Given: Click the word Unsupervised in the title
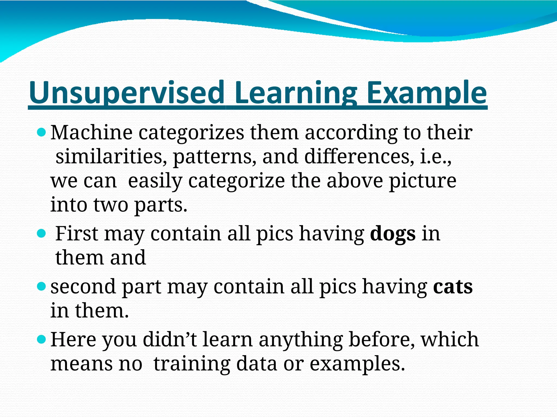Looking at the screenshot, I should coord(126,93).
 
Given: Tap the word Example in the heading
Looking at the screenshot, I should coord(426,93).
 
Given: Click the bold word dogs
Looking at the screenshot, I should coord(393,234).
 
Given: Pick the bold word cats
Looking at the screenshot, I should coord(453,287).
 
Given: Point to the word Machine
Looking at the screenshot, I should coord(91,133).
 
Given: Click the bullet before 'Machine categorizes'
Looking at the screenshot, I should coord(41,133).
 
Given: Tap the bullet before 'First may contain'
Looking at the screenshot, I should coord(41,233).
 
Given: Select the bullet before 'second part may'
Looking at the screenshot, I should coord(41,286).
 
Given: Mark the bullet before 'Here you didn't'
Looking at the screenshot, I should coord(41,339).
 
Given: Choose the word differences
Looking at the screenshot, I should coord(357,157).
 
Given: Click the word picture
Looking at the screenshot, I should coord(422,181).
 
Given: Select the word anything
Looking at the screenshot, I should coord(301,340).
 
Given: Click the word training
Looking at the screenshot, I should coord(192,364).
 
